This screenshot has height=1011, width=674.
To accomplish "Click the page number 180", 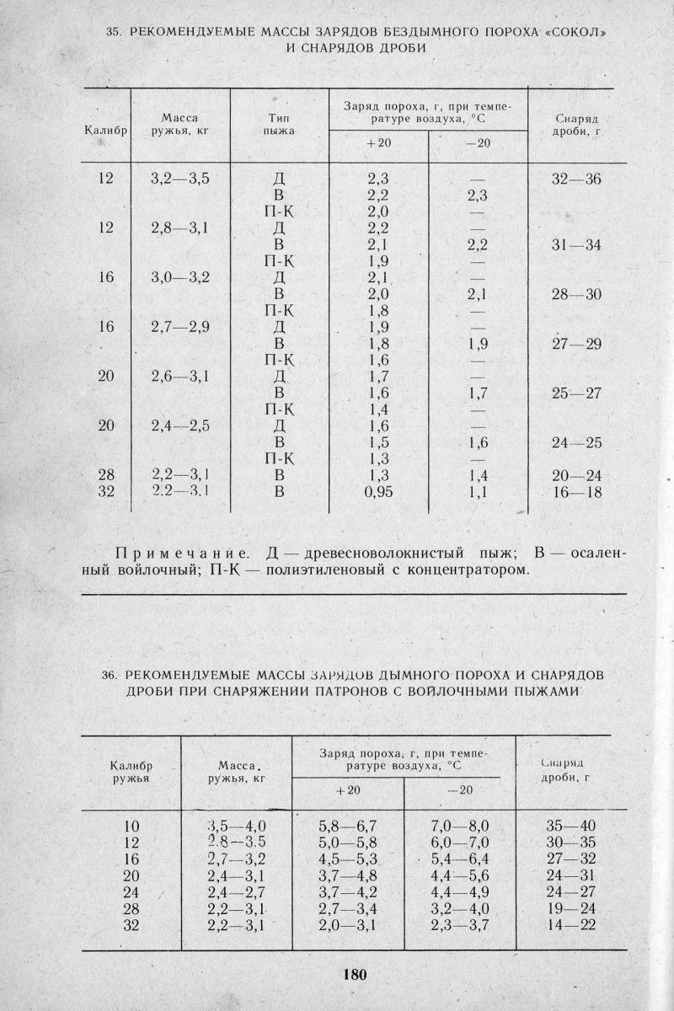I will (355, 975).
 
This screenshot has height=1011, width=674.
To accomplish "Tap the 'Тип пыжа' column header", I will (278, 126).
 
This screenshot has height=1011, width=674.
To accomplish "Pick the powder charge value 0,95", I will (377, 492).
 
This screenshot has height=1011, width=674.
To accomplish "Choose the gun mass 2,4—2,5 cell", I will (179, 425).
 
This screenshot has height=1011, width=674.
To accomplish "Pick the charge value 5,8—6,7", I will (347, 826).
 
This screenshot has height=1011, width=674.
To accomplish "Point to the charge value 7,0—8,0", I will (459, 826).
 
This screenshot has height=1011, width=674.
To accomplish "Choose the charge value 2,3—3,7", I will (459, 927).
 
